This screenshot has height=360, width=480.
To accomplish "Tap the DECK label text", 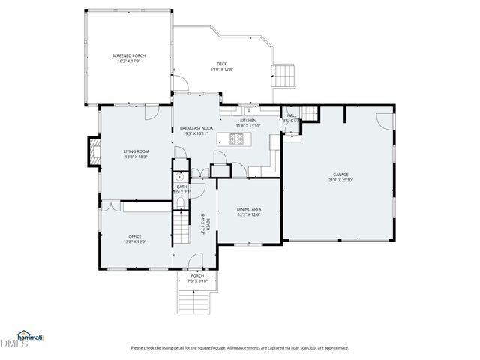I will (221, 64).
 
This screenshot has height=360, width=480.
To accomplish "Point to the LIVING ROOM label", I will (136, 151).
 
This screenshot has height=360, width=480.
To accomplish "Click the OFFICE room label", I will (135, 236).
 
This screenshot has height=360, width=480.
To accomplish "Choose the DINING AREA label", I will (248, 209).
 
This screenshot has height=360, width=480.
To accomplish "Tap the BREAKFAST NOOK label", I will (197, 128).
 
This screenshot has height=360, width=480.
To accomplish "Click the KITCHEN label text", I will (247, 120).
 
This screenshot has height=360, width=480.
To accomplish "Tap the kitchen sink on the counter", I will (253, 110).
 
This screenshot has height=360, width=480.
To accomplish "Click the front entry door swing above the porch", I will (195, 262).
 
